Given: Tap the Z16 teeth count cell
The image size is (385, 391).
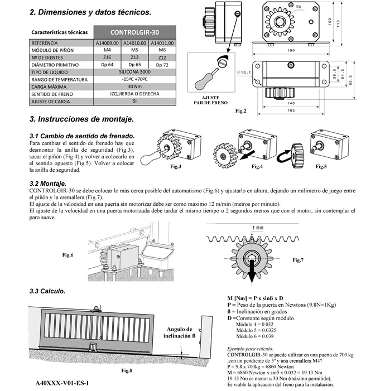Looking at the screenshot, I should pos(107,57).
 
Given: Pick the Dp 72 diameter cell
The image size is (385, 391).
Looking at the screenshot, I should pos(162,65).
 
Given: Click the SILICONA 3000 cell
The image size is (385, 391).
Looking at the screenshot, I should pos(134,73).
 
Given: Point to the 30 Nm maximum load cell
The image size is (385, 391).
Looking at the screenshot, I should pos(134,87).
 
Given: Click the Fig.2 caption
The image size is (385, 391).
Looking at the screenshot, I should pos(241,111).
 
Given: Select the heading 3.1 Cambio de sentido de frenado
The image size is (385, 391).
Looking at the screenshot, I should pos(81,136).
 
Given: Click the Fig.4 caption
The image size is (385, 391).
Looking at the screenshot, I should pos(257,167).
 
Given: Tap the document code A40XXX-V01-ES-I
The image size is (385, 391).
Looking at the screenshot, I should pos(61,383).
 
